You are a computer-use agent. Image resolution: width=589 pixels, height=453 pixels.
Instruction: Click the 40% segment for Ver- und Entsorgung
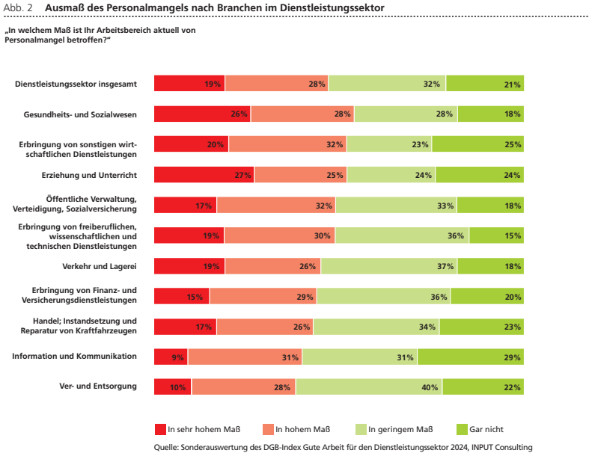click(369, 387)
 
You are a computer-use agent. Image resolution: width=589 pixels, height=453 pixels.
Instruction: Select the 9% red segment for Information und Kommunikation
click(171, 357)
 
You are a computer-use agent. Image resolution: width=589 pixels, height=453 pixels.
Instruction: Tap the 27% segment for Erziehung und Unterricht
click(204, 175)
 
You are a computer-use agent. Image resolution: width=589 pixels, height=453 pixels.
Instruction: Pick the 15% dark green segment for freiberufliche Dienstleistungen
click(497, 235)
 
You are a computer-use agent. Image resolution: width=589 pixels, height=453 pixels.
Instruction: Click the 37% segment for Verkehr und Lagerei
click(389, 266)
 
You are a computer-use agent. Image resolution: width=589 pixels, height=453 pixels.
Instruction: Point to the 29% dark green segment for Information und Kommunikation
click(471, 357)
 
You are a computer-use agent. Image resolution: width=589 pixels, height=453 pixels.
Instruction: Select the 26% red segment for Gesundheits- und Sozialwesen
click(203, 114)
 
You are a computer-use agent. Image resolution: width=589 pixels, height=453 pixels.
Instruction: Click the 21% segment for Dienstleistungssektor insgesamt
click(485, 83)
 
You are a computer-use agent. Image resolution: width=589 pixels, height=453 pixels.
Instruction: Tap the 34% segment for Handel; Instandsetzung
click(376, 327)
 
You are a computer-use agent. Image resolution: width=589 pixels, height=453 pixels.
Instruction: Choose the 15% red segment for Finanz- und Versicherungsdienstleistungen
click(181, 297)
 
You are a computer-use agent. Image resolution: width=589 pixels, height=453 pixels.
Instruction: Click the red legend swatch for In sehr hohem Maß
click(160, 429)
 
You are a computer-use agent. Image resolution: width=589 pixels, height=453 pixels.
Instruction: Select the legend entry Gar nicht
click(480, 429)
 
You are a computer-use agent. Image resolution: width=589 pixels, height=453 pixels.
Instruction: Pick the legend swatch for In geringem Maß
click(361, 429)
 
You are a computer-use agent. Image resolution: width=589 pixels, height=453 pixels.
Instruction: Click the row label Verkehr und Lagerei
click(100, 266)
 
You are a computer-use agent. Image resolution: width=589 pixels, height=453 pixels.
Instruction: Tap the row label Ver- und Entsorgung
click(98, 386)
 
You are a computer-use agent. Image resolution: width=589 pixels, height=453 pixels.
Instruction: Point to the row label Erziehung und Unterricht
click(89, 175)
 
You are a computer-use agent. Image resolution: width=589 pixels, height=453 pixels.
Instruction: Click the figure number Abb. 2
click(18, 8)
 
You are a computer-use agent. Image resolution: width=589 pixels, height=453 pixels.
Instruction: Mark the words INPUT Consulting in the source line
click(502, 447)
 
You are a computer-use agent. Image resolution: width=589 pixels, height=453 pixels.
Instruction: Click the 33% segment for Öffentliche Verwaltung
click(397, 206)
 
